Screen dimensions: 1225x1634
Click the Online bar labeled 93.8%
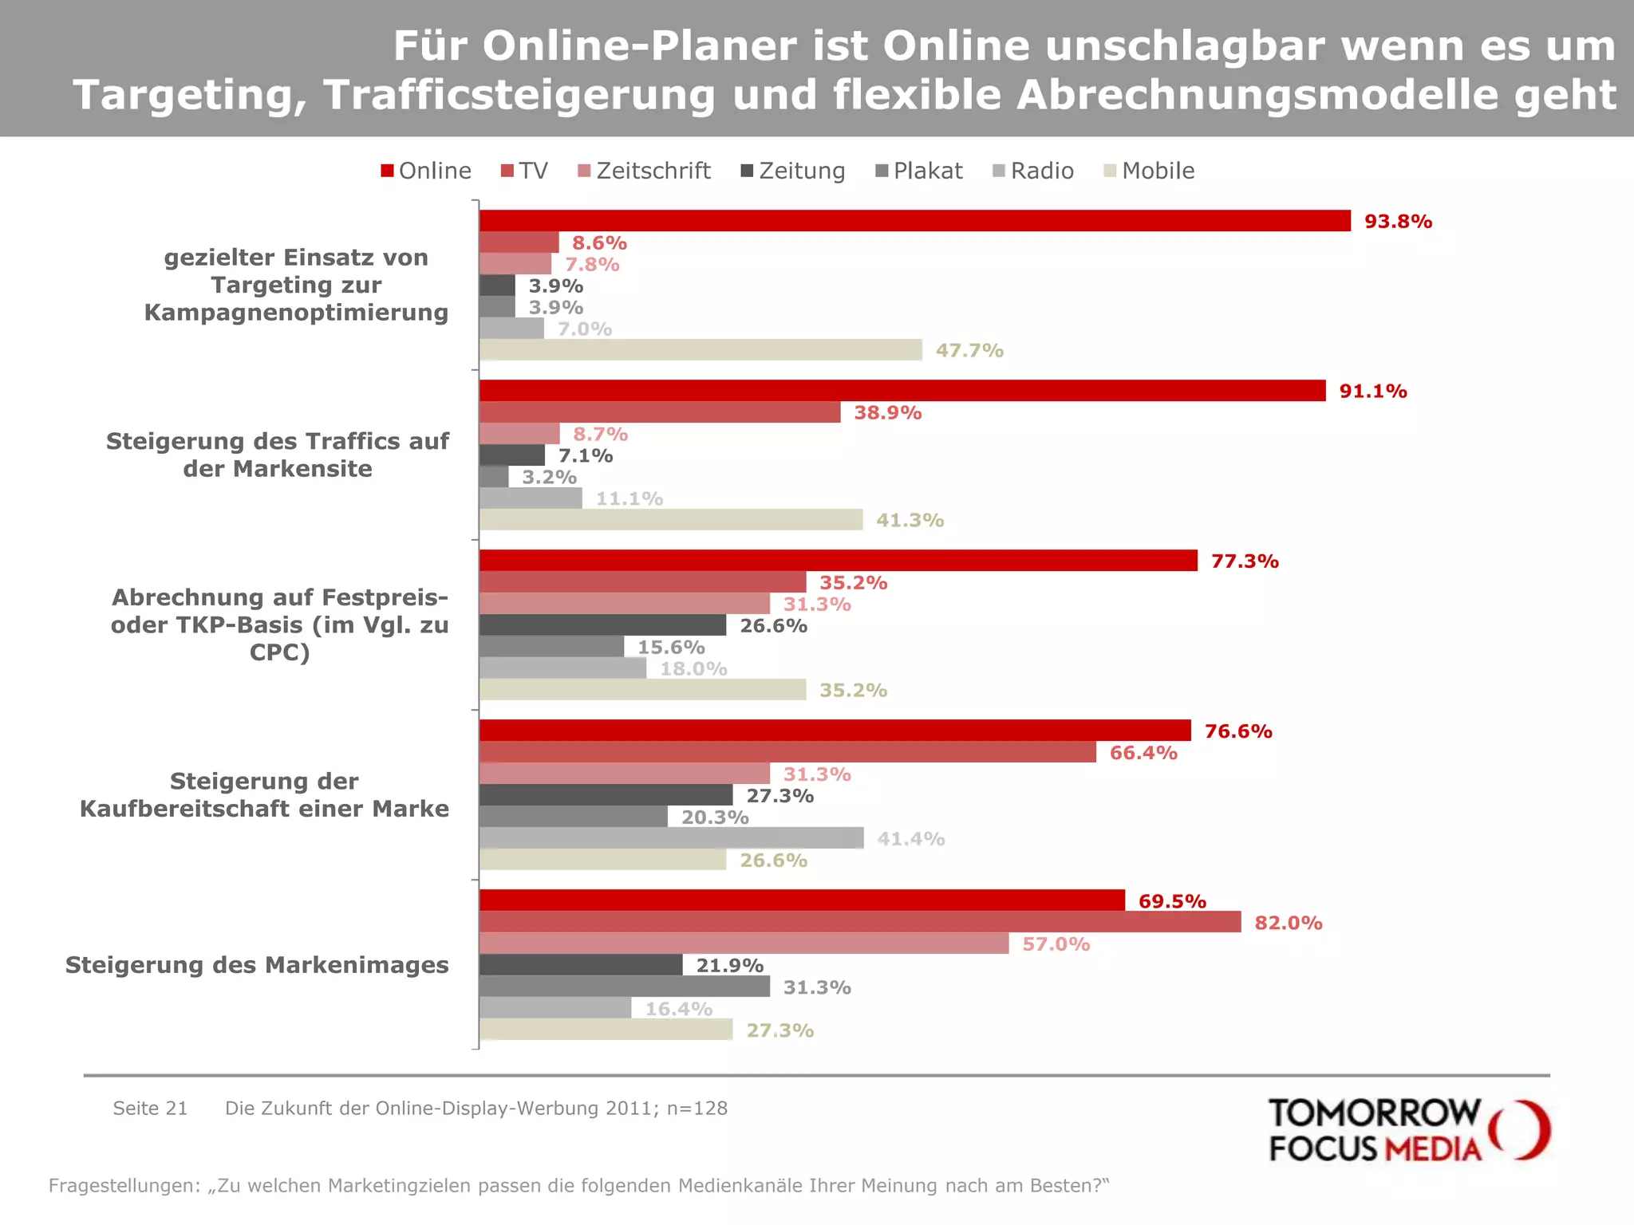click(914, 221)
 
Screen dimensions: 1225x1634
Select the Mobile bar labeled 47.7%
click(701, 350)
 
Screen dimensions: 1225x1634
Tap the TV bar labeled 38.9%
click(660, 412)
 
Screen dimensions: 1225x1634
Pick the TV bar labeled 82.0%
click(860, 922)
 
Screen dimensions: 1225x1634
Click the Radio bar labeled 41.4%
click(671, 838)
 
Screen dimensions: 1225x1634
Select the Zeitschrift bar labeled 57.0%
click(744, 943)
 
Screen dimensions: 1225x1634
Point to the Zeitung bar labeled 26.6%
click(602, 625)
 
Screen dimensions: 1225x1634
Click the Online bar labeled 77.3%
click(838, 561)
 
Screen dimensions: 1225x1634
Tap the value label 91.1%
click(1372, 392)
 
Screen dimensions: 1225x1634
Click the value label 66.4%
click(1143, 753)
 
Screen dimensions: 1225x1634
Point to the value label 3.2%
click(549, 477)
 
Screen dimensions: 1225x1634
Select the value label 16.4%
click(678, 1009)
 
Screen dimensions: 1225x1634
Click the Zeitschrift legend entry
click(644, 171)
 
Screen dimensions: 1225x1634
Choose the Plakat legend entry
click(919, 171)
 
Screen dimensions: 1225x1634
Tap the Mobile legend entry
click(1149, 171)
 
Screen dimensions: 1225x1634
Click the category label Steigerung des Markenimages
click(257, 965)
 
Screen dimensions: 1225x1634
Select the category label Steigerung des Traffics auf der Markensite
click(278, 455)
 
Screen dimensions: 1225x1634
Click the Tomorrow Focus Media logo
click(1409, 1129)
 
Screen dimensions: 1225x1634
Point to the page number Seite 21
click(150, 1109)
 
